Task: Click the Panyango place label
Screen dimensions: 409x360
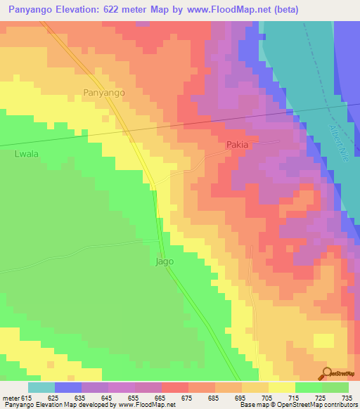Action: pyautogui.click(x=103, y=92)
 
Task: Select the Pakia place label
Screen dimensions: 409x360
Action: pyautogui.click(x=238, y=145)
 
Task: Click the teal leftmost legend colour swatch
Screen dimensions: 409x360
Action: pyautogui.click(x=41, y=387)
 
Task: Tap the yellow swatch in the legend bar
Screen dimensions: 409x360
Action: pyautogui.click(x=281, y=387)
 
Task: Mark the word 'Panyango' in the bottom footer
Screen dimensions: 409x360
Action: pyautogui.click(x=20, y=405)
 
